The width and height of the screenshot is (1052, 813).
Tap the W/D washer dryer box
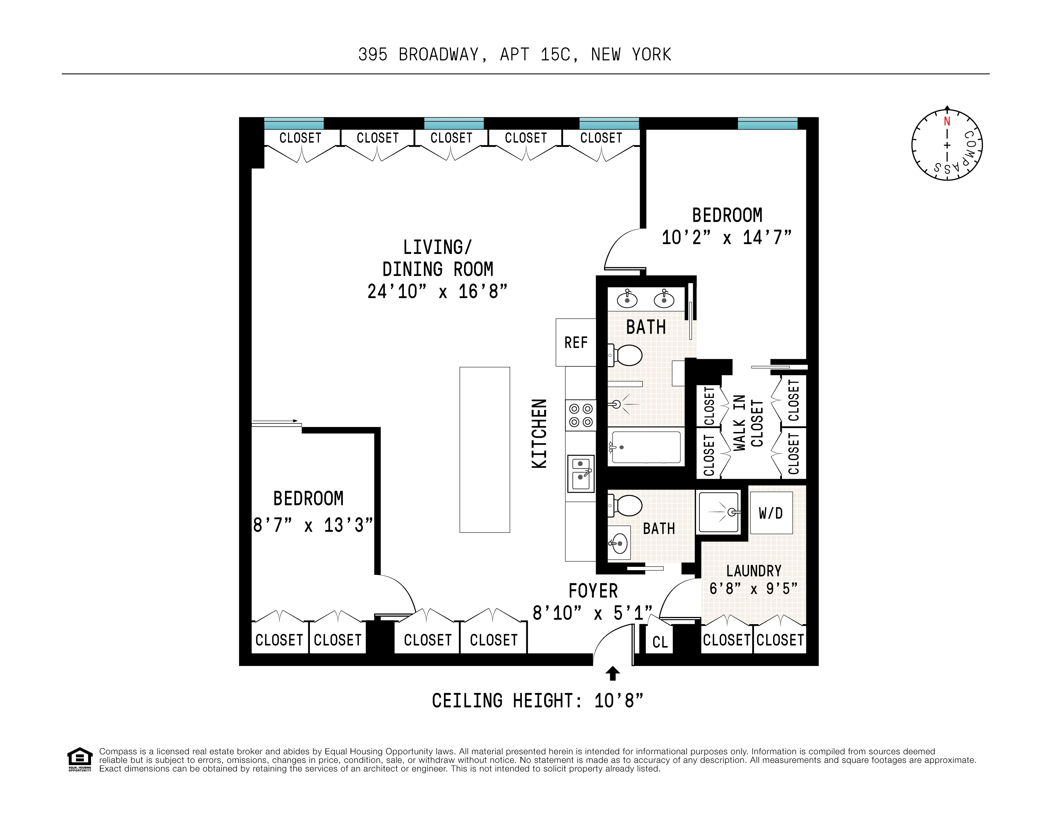click(771, 513)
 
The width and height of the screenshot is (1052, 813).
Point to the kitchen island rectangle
click(484, 450)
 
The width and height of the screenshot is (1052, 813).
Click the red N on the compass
click(947, 122)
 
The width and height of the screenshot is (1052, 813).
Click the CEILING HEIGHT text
click(537, 701)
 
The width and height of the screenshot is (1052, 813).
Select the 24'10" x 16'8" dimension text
click(437, 292)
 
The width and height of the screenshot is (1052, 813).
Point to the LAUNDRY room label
click(753, 571)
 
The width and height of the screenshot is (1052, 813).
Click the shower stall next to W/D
click(719, 512)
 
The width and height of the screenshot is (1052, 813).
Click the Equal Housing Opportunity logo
click(79, 759)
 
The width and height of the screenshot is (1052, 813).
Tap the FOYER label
click(593, 591)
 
